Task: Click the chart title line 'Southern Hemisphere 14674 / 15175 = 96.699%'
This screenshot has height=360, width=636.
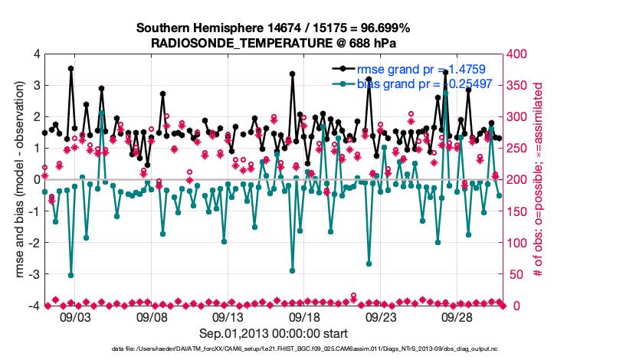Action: pos(273,28)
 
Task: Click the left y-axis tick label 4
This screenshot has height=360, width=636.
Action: pos(37,54)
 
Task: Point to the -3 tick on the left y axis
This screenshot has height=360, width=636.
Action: pos(34,274)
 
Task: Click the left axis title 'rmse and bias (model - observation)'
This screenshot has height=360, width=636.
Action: pos(19,180)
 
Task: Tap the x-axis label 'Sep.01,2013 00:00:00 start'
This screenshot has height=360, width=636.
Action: pos(274,333)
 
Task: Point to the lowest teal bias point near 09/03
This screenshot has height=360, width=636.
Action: pos(71,275)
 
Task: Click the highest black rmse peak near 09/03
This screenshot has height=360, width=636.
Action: pos(71,68)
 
